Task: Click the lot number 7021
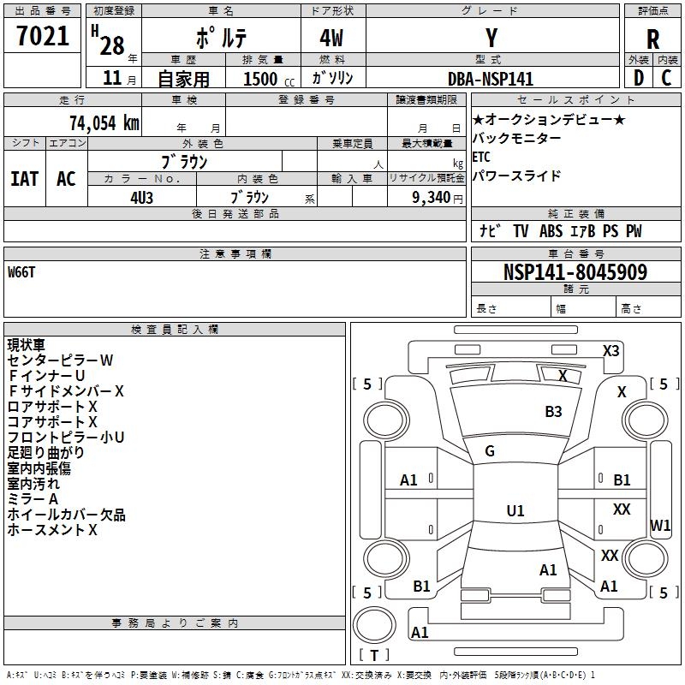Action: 43,36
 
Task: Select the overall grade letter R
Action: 652,39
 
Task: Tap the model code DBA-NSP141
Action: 491,79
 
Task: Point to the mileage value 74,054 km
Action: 104,122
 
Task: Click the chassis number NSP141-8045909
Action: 575,271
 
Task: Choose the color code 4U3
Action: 142,198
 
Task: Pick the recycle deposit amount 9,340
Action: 431,197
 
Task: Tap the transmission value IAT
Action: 25,179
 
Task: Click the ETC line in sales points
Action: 481,157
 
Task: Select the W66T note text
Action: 21,272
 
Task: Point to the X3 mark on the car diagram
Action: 611,351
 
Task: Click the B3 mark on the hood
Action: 553,411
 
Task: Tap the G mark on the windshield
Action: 490,451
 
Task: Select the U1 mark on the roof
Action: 515,510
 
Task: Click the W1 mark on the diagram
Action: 659,525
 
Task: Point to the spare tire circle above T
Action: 374,625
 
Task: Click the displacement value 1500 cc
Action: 269,79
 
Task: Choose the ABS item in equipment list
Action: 551,230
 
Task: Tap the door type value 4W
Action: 331,38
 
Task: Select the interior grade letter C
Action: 666,78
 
